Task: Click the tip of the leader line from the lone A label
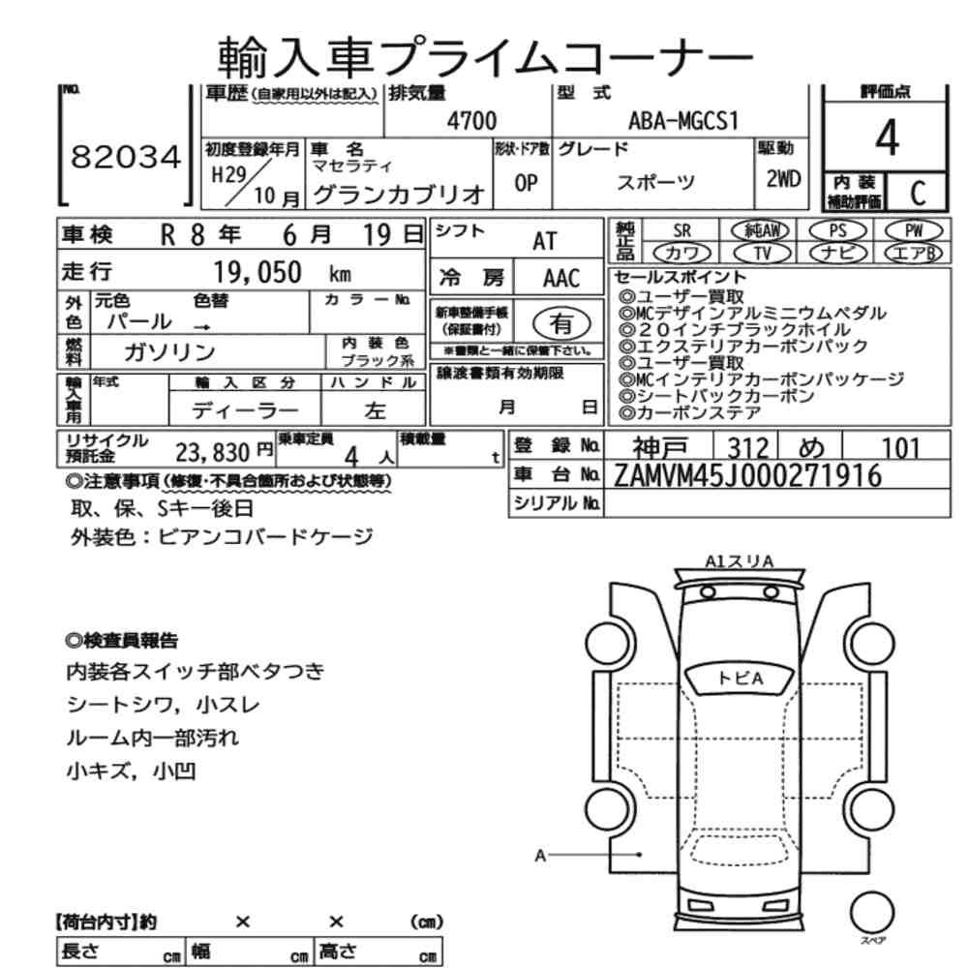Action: coord(641,855)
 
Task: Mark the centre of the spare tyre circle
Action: coord(872,912)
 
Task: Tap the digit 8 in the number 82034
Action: coord(81,157)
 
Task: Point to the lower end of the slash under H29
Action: coord(226,206)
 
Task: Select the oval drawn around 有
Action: coord(561,323)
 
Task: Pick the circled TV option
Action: coord(763,253)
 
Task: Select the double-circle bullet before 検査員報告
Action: coord(74,640)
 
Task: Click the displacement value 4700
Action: coord(471,120)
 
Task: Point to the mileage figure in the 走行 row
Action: coord(257,272)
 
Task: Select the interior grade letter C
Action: coord(918,193)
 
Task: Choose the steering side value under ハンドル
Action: coord(375,411)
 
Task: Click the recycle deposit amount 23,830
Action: coord(212,452)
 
